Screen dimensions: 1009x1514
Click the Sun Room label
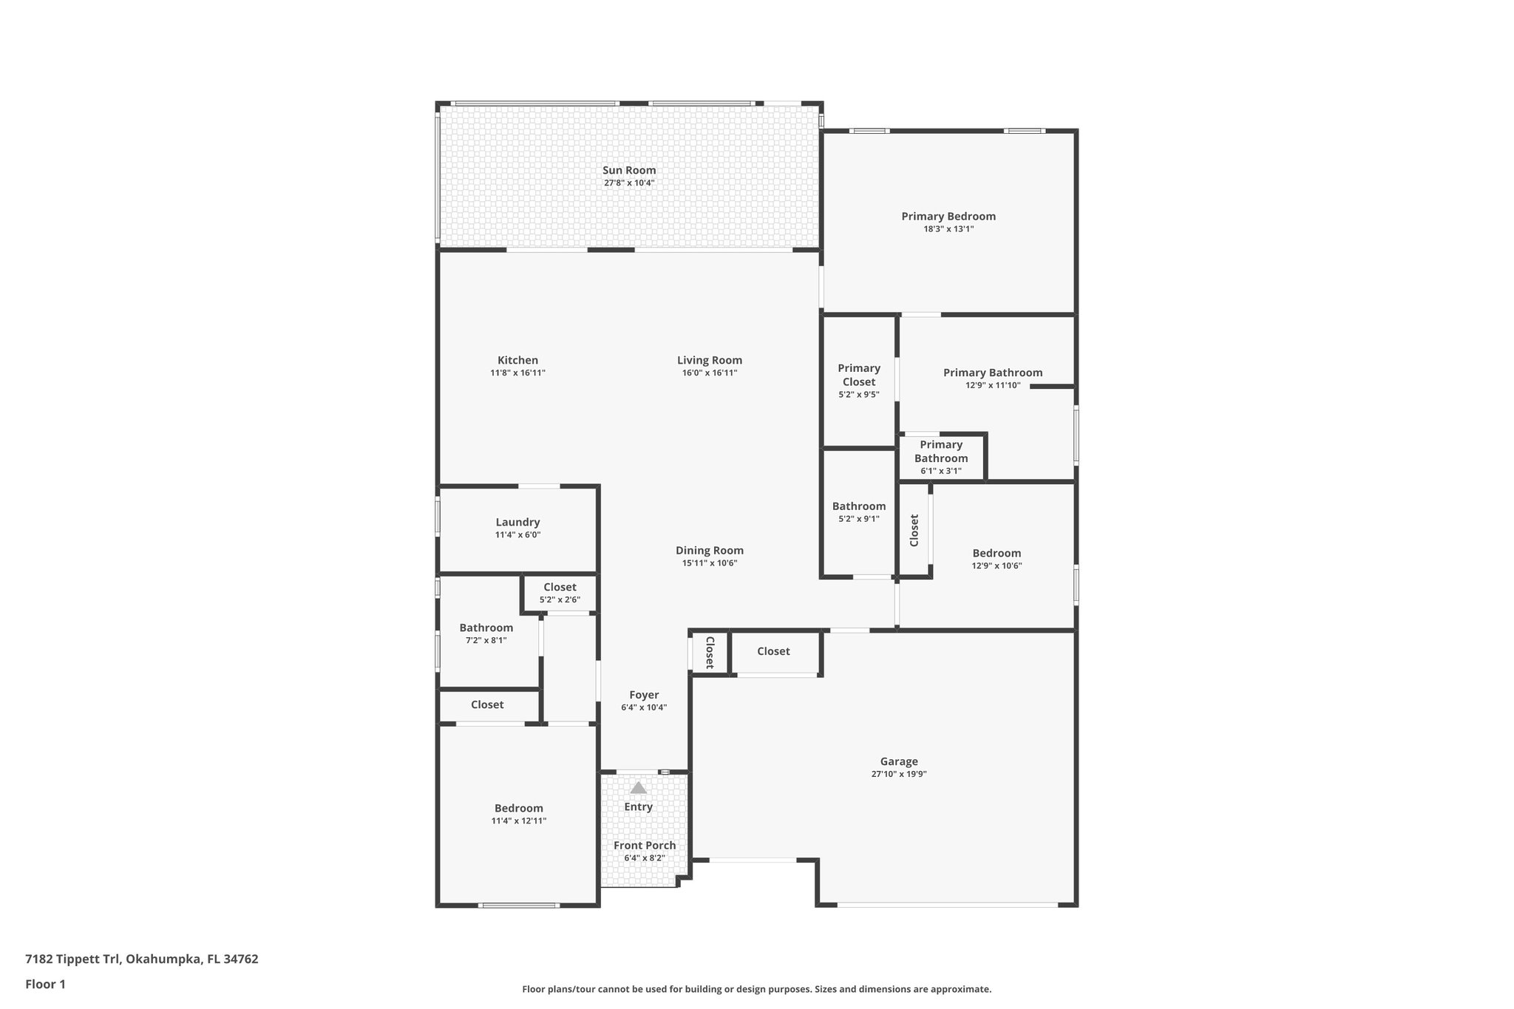(629, 170)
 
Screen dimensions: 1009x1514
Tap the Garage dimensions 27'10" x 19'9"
(898, 774)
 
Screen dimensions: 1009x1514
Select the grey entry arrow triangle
(638, 788)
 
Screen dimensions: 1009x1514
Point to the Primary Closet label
(858, 375)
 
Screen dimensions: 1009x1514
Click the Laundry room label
(517, 522)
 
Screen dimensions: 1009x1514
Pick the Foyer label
(644, 695)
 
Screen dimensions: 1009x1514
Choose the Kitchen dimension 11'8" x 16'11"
(517, 373)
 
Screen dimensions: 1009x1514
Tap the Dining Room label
(709, 551)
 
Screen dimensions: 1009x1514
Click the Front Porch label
(645, 846)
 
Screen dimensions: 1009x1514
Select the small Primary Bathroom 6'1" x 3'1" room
(940, 458)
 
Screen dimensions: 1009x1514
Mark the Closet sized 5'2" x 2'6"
(560, 593)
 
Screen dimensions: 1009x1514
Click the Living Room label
(709, 361)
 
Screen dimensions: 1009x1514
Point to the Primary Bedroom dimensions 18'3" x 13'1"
(948, 229)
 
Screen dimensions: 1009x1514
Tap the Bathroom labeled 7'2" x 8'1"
(486, 633)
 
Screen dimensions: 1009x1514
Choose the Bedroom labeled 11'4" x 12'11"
(518, 814)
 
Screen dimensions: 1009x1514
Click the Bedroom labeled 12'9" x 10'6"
(997, 559)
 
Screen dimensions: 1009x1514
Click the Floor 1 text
(45, 984)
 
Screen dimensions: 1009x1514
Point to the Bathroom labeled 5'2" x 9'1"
(858, 512)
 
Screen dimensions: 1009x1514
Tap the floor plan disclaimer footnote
(756, 989)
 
